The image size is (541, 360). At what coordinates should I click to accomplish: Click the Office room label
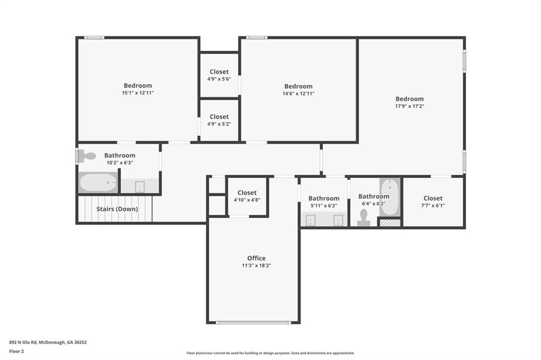point(256,258)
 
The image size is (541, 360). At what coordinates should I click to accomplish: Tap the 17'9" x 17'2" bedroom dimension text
point(409,106)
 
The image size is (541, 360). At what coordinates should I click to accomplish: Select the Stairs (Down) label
point(117,209)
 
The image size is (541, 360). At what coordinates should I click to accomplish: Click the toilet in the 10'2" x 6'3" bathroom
point(87,156)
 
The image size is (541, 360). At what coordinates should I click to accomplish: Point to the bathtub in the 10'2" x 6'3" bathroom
point(98,183)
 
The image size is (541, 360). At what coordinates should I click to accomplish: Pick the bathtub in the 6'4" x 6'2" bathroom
point(390,197)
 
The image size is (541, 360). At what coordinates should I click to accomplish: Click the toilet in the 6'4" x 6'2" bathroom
point(363,218)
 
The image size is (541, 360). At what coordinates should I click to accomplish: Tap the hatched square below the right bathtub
point(390,223)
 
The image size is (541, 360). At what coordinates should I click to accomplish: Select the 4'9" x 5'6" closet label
point(219,72)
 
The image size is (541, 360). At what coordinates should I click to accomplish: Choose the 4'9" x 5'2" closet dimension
point(219,124)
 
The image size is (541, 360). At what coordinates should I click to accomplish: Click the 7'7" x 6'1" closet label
point(433,198)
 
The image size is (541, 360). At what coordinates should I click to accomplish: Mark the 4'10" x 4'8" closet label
point(247,193)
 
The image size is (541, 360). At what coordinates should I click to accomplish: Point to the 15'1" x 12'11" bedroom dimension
point(138,93)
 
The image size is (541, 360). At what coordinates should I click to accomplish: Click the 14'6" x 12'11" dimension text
point(299,93)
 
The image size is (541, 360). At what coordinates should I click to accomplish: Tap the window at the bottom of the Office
point(254,323)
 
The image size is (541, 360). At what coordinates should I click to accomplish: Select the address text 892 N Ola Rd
point(23,343)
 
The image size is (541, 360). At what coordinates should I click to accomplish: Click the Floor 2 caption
point(16,352)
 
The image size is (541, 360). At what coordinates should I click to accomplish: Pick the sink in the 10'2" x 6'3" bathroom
point(139,186)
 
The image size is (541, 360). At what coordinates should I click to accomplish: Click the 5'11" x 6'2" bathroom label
point(324,198)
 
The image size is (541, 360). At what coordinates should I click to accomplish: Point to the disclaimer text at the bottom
point(270,353)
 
